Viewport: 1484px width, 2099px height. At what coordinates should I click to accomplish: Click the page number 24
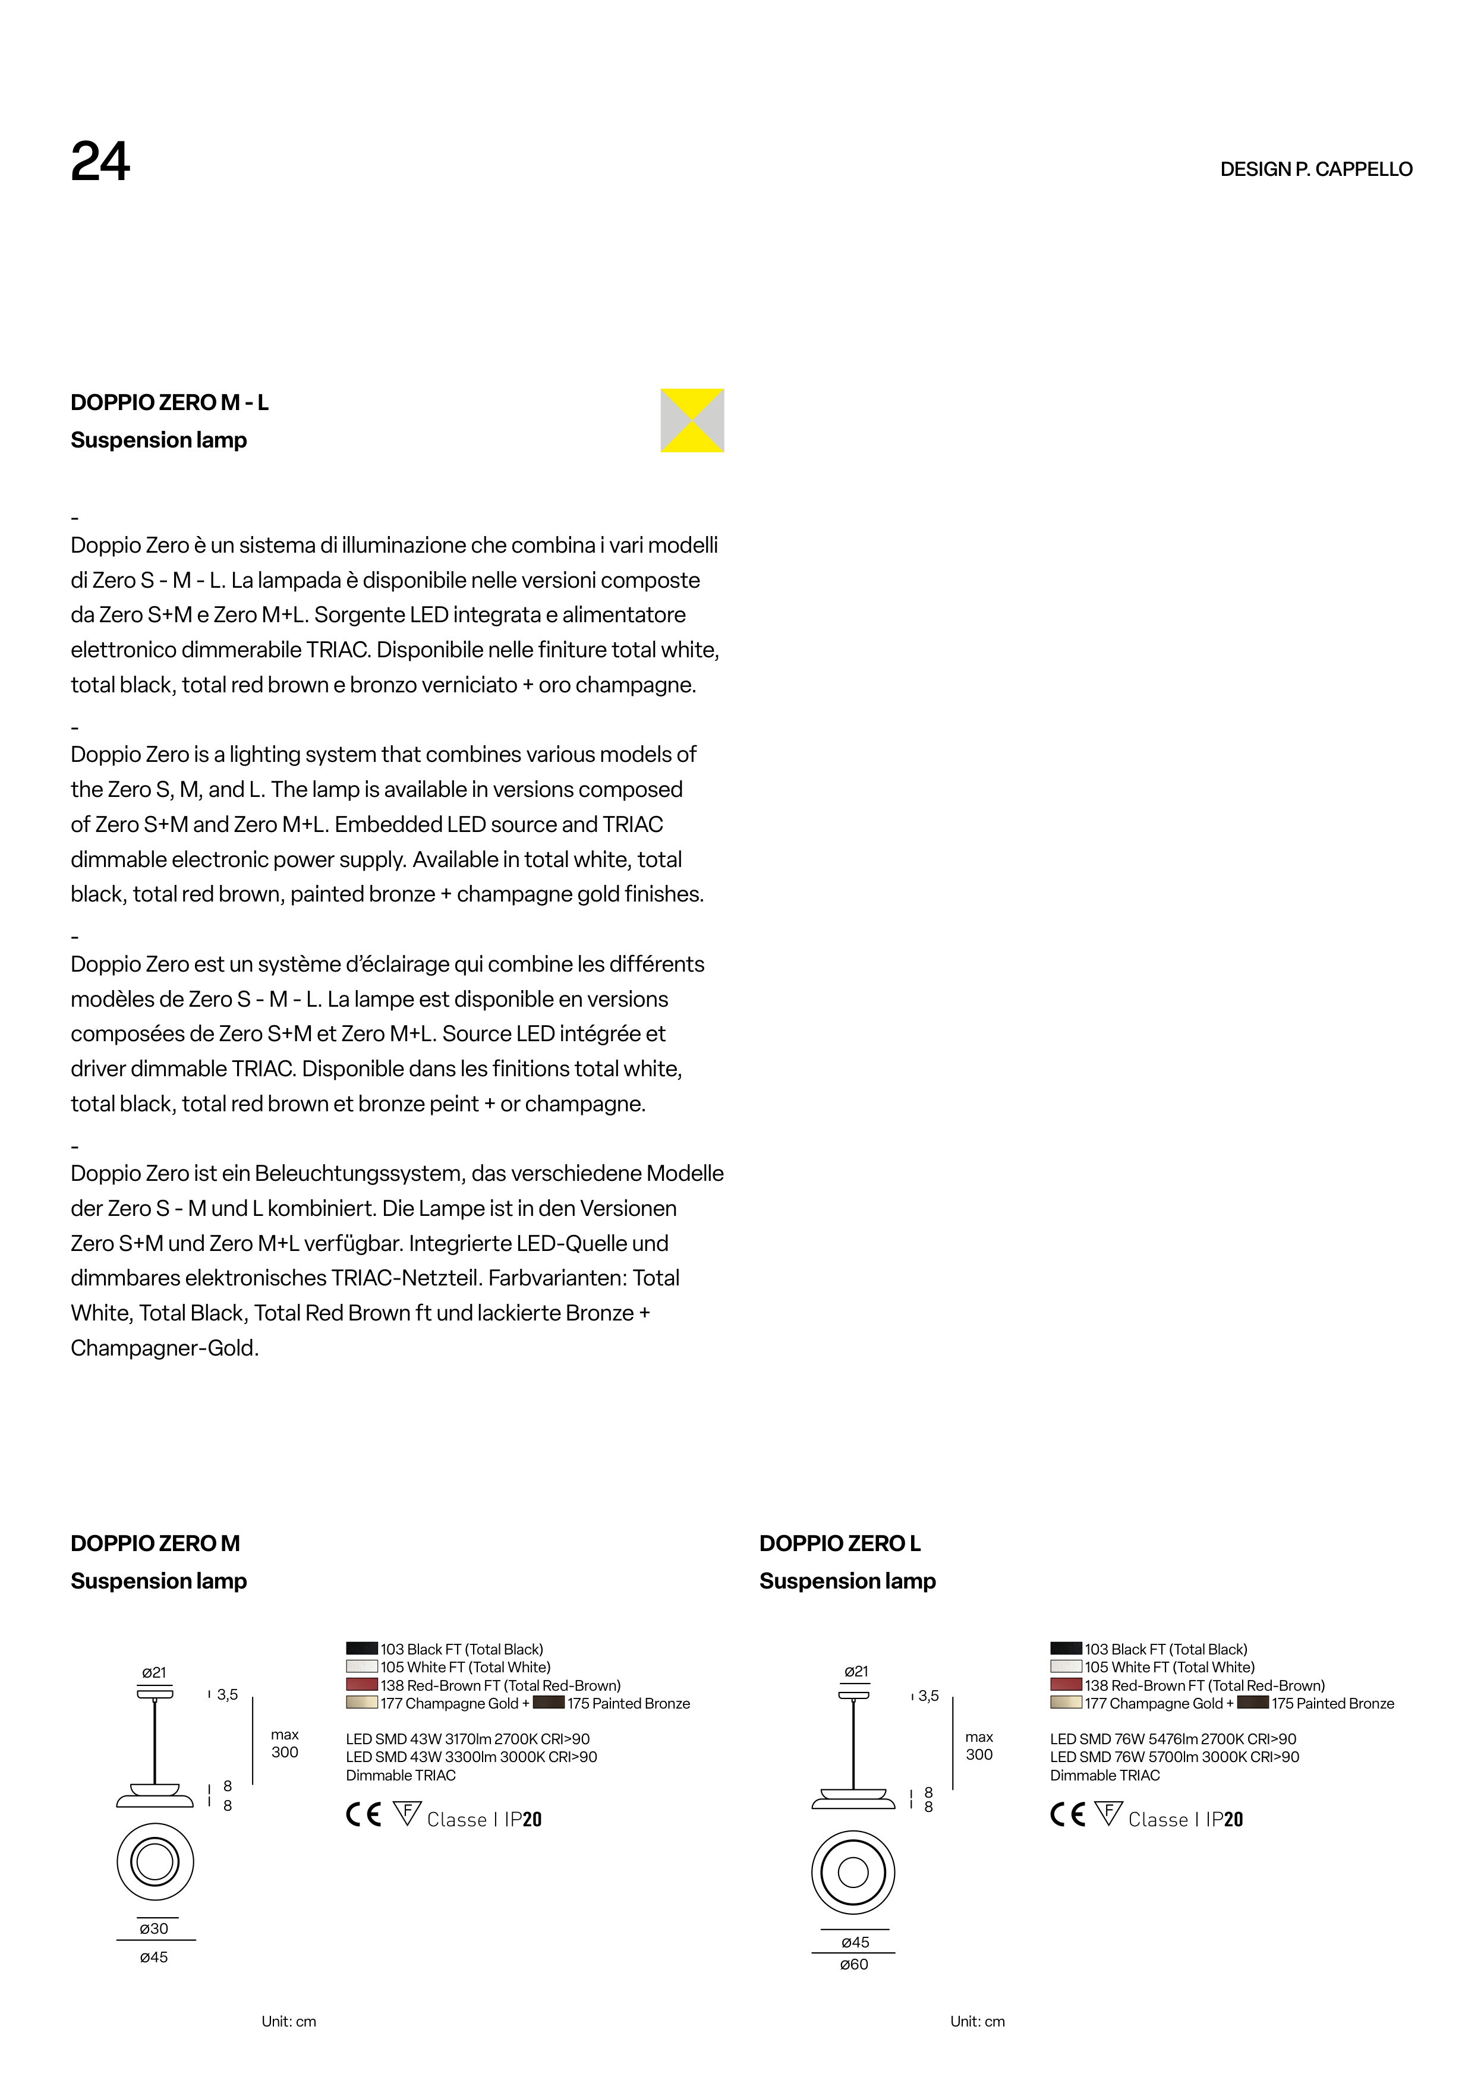[x=100, y=163]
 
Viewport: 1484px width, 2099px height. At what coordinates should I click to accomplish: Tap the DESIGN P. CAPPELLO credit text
[x=1316, y=169]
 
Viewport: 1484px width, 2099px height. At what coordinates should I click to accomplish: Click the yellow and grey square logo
[x=692, y=421]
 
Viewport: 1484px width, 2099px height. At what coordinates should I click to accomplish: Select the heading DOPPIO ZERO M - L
[x=169, y=402]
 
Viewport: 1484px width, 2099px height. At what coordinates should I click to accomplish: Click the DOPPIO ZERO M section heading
[x=156, y=1543]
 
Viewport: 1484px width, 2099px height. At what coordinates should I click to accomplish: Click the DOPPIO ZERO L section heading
[x=839, y=1543]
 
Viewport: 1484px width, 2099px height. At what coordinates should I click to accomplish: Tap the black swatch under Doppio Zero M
[x=361, y=1649]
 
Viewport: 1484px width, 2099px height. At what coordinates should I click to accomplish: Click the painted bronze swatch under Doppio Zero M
[x=548, y=1702]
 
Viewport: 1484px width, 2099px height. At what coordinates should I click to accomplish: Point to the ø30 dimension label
[x=153, y=1928]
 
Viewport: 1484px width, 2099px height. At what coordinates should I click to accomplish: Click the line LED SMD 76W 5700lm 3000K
[x=1174, y=1756]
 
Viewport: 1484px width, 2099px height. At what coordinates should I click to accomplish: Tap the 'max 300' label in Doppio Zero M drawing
[x=284, y=1744]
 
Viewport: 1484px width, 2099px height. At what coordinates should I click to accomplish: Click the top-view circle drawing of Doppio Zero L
[x=853, y=1872]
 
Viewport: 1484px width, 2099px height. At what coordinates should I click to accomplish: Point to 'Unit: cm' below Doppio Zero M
[x=289, y=2021]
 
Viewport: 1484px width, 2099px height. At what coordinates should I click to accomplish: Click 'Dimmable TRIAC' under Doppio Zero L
[x=1105, y=1775]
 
